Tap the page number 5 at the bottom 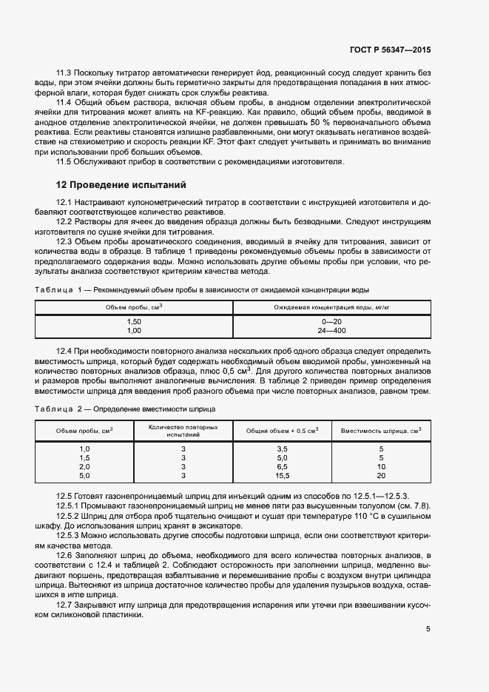pos(428,630)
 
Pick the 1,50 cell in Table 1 pos(134,322)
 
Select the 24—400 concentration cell pos(331,331)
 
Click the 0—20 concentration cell pos(331,322)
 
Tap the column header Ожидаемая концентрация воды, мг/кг pos(331,306)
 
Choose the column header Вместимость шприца pos(381,430)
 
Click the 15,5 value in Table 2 pos(282,476)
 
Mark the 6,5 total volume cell pos(282,467)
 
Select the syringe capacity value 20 pos(381,476)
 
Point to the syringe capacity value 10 pos(381,467)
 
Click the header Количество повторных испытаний pos(183,431)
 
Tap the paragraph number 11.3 pos(65,74)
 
